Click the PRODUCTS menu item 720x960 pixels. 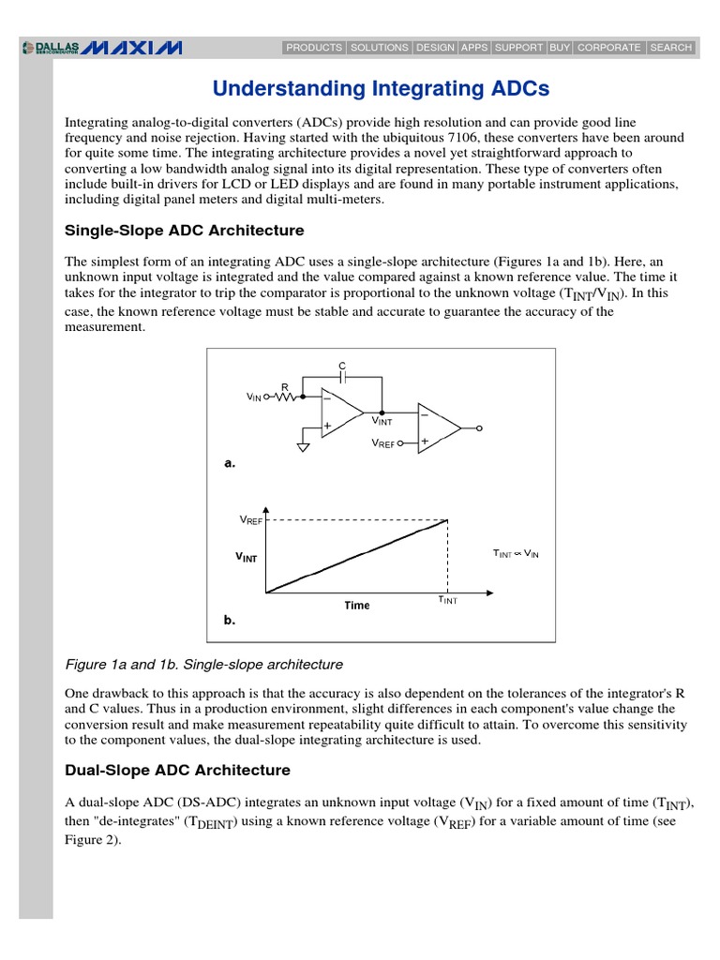click(x=314, y=47)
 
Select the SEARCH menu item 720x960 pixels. click(x=670, y=47)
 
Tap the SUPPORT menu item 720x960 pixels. click(x=517, y=47)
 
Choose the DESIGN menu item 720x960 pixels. click(x=435, y=47)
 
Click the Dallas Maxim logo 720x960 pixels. click(x=102, y=47)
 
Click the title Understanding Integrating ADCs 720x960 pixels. click(x=381, y=89)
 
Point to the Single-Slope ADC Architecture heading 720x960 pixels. click(x=184, y=231)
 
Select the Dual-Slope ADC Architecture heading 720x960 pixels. click(x=177, y=771)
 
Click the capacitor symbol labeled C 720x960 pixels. click(x=343, y=375)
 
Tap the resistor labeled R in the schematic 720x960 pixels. click(x=285, y=396)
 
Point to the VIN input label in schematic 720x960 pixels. click(x=254, y=397)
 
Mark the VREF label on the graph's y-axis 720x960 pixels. click(x=251, y=519)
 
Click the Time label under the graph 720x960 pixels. click(x=356, y=606)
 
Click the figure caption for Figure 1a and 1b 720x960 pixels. click(x=203, y=665)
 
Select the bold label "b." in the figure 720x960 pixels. click(x=230, y=621)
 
